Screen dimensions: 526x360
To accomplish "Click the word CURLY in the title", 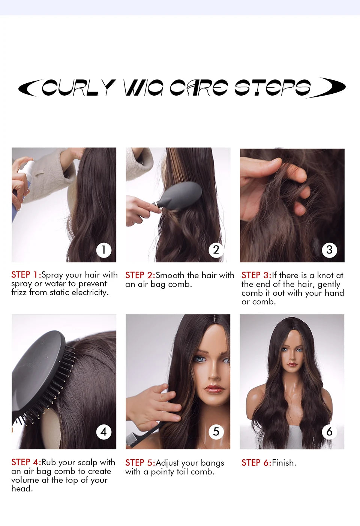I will [x=78, y=87].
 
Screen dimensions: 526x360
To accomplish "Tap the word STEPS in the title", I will [x=273, y=87].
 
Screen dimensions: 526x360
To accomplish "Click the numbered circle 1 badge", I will [x=103, y=250].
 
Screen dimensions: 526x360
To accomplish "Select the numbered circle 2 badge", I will [x=216, y=250].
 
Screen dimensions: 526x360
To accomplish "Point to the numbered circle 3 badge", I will [x=329, y=250].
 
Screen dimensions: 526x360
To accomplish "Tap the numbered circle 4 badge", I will [x=103, y=432].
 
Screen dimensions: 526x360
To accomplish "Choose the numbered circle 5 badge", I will [x=216, y=432].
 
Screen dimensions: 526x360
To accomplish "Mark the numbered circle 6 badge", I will [x=329, y=432].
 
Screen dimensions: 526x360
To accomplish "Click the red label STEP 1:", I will [x=26, y=275].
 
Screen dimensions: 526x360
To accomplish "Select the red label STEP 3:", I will [x=256, y=275].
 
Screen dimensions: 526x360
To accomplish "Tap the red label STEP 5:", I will [x=140, y=463].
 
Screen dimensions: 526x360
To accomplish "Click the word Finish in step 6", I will [x=283, y=463].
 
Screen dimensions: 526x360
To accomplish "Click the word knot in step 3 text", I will [x=325, y=275].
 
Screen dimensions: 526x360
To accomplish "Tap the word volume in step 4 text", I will [x=25, y=480].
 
